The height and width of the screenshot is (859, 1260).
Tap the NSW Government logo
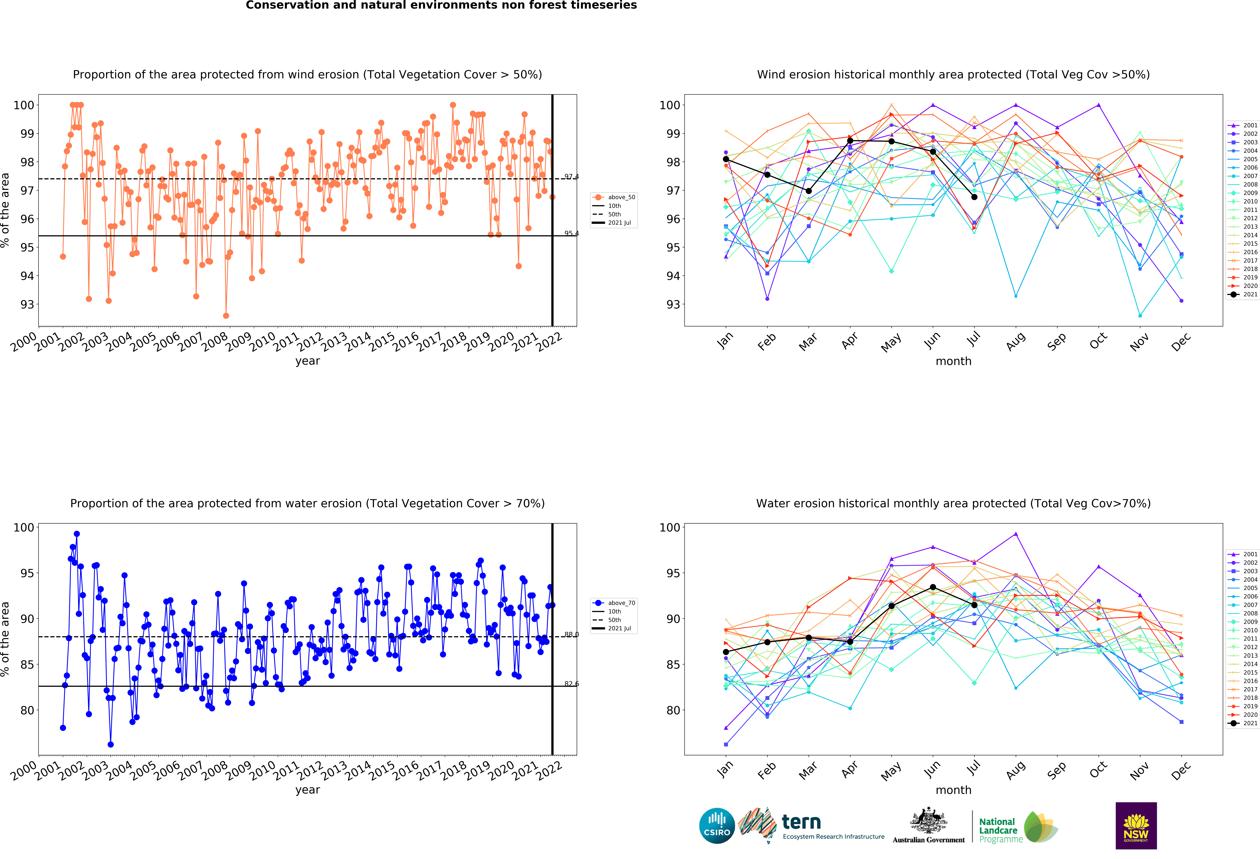tap(1136, 825)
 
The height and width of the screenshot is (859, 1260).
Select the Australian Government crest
tap(929, 822)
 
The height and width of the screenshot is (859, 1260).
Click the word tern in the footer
tap(801, 822)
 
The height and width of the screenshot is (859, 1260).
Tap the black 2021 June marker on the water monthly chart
tap(933, 587)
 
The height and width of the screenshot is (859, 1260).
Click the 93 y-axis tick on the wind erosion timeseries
tap(27, 304)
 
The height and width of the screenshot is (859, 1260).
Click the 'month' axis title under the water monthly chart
tap(953, 790)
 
